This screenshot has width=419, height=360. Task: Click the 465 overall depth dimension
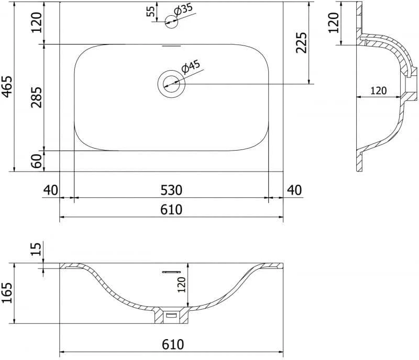(7, 86)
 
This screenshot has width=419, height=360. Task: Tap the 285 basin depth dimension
(36, 97)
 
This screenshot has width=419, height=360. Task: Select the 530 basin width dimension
(171, 190)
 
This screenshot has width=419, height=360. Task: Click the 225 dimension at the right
(302, 43)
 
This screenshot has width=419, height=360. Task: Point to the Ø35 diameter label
(183, 9)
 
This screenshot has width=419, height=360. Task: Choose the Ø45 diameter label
(191, 67)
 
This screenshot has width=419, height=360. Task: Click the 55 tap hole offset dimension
(151, 11)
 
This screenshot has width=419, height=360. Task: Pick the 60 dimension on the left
(37, 161)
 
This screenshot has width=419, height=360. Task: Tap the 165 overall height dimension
(7, 292)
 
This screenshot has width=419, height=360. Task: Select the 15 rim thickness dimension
(36, 249)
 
